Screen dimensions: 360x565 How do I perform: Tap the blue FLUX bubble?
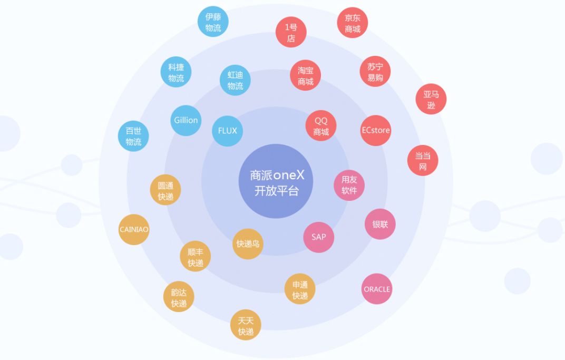(x=228, y=131)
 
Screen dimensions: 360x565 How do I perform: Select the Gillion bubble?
(x=186, y=121)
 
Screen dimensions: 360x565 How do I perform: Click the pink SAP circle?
(x=319, y=237)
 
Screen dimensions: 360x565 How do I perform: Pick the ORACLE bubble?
(x=377, y=289)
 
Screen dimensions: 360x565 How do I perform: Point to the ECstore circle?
(x=376, y=130)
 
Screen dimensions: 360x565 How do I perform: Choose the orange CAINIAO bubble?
(x=134, y=230)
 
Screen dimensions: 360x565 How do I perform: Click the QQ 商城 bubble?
(x=321, y=126)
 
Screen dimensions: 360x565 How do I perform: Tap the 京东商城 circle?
(x=353, y=23)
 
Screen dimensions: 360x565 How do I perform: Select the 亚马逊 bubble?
(x=431, y=100)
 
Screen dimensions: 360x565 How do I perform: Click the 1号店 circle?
(x=291, y=33)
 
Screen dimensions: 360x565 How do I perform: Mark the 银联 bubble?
(x=380, y=224)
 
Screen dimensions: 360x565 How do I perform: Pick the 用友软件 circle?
(x=349, y=185)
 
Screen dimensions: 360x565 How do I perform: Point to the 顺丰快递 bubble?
(x=196, y=257)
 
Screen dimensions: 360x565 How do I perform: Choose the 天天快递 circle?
(x=246, y=325)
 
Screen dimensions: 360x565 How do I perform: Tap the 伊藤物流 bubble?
(x=213, y=22)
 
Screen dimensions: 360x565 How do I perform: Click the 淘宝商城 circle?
(x=305, y=75)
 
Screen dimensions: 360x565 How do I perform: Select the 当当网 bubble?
(x=423, y=161)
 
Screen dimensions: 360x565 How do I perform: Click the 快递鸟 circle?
(x=248, y=244)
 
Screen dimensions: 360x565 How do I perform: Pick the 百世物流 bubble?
(x=133, y=136)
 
